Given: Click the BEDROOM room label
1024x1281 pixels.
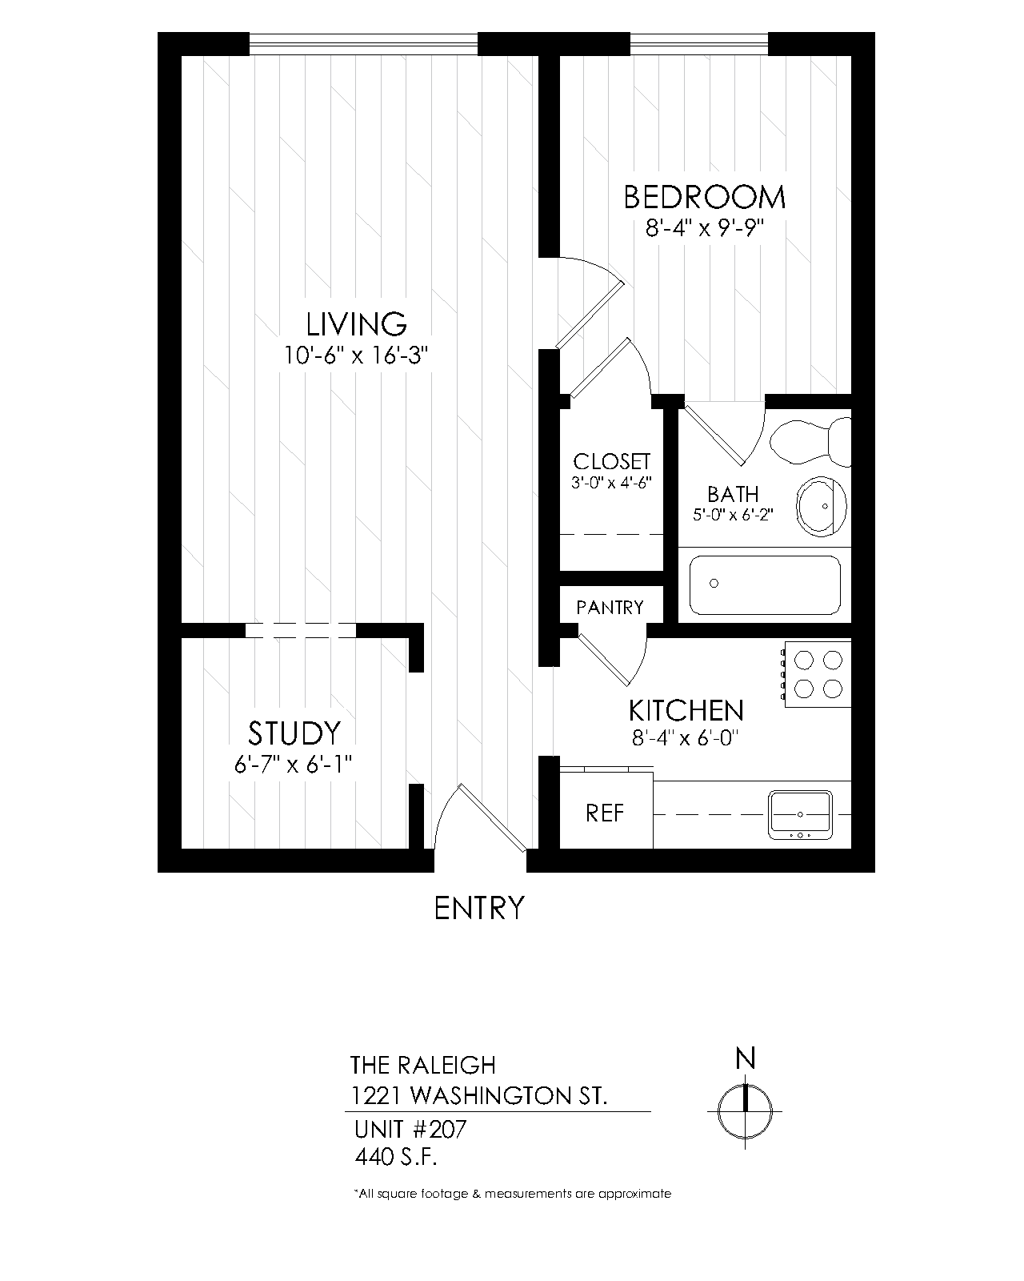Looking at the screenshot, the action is pyautogui.click(x=705, y=198).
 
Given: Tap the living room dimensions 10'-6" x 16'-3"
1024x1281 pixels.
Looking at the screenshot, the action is pyautogui.click(x=356, y=355).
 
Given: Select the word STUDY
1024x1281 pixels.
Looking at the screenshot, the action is pyautogui.click(x=294, y=733).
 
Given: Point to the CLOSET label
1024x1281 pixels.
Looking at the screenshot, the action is pyautogui.click(x=612, y=461).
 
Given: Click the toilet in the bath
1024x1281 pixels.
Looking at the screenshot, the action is pyautogui.click(x=810, y=442).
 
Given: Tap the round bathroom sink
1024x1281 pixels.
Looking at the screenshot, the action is pyautogui.click(x=822, y=507).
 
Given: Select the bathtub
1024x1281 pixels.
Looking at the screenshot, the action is pyautogui.click(x=765, y=584).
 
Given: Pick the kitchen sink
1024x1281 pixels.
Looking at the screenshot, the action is pyautogui.click(x=800, y=815).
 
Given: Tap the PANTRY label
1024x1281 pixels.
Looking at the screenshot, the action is pyautogui.click(x=610, y=607).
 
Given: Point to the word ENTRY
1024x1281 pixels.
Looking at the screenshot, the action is pyautogui.click(x=479, y=909).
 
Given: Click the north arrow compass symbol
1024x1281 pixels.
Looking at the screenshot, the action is pyautogui.click(x=745, y=1110).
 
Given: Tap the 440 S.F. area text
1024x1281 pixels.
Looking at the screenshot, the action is pyautogui.click(x=396, y=1157).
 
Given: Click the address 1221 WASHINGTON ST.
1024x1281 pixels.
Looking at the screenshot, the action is pyautogui.click(x=479, y=1095).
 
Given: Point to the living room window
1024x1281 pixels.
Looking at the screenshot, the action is pyautogui.click(x=363, y=44).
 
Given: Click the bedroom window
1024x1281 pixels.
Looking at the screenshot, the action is pyautogui.click(x=699, y=44).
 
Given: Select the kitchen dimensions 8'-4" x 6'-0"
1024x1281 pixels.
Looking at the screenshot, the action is pyautogui.click(x=686, y=738).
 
